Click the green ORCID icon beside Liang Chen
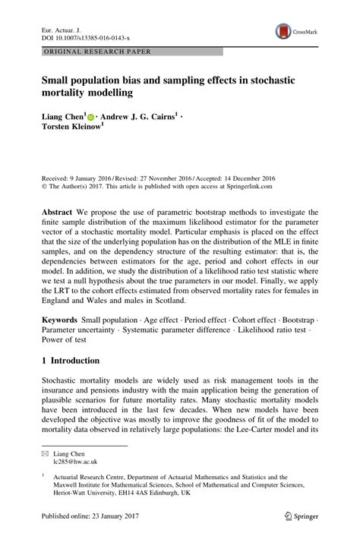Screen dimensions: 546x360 tap(91, 118)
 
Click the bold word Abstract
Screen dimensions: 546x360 tap(57, 213)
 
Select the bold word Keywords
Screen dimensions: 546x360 tap(61, 332)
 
